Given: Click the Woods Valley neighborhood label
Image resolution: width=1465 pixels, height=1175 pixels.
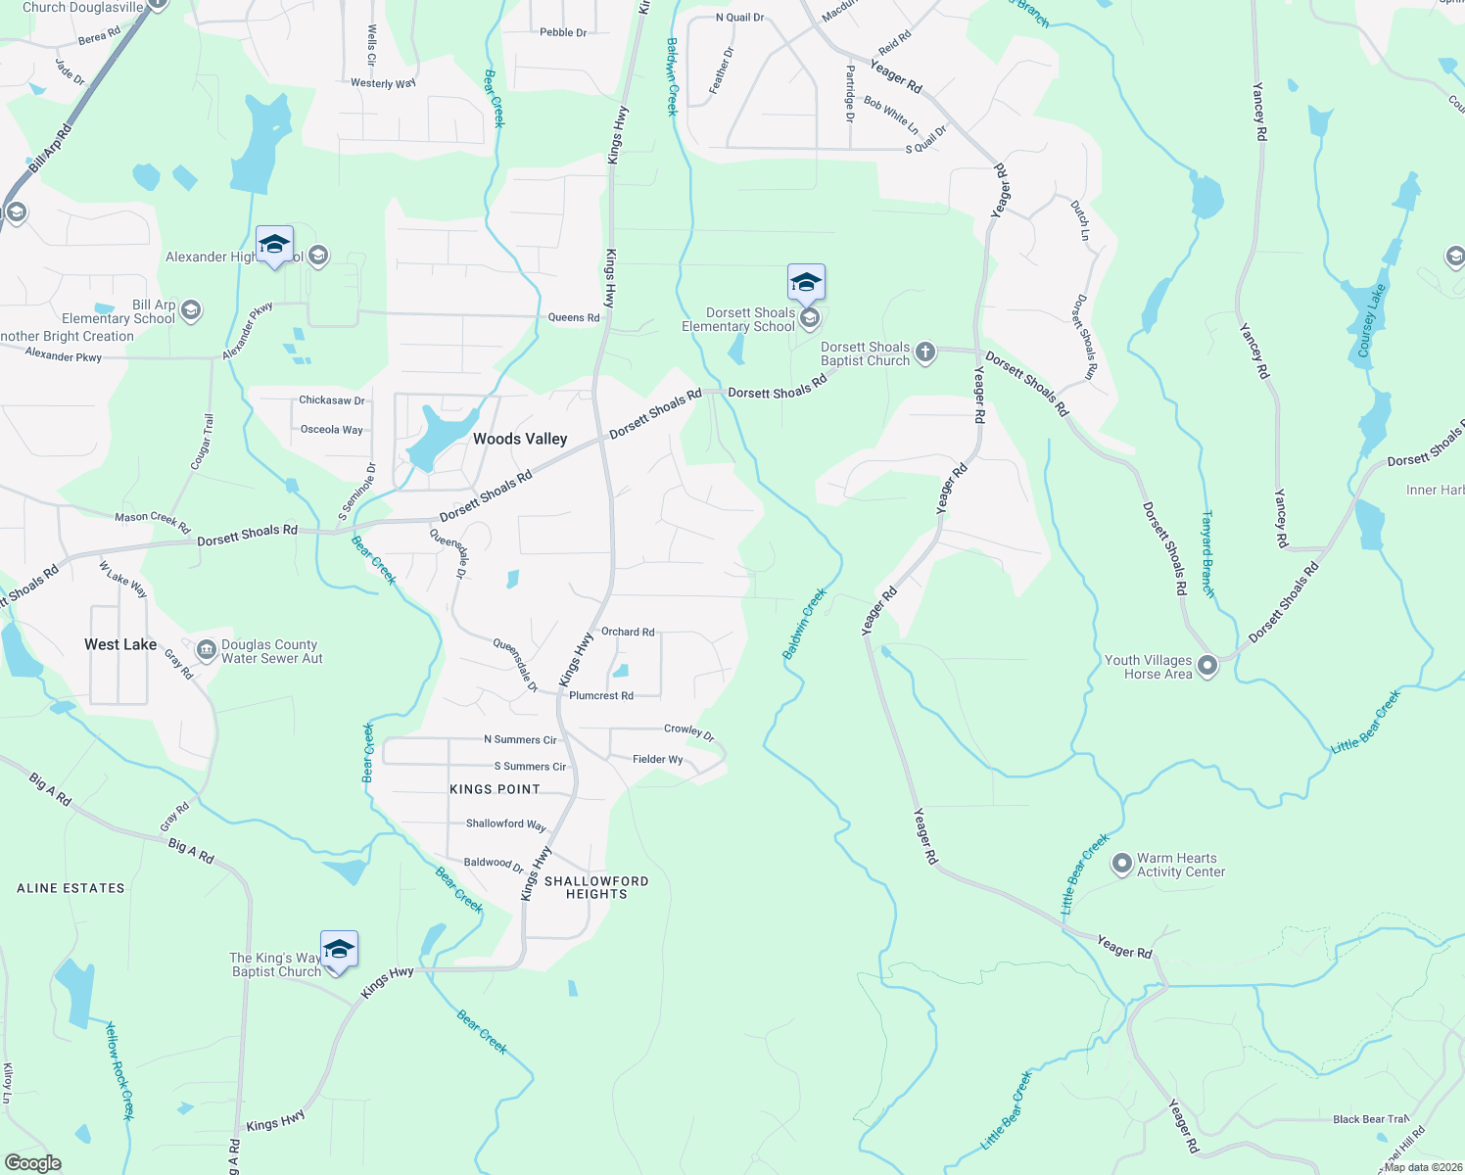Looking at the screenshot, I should pyautogui.click(x=520, y=439).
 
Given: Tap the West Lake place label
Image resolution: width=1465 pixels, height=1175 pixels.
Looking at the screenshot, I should pyautogui.click(x=120, y=644).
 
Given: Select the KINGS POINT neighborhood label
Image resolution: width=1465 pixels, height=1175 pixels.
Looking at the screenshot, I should pyautogui.click(x=495, y=789).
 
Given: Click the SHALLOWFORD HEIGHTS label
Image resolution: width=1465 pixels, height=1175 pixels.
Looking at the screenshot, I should pyautogui.click(x=596, y=887).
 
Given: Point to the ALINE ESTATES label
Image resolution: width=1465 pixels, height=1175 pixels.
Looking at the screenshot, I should pyautogui.click(x=71, y=888).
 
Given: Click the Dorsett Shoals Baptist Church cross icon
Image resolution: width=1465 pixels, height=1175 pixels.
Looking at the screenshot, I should pyautogui.click(x=925, y=352).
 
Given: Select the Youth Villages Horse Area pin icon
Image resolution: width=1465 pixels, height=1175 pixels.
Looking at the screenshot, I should pyautogui.click(x=1207, y=666).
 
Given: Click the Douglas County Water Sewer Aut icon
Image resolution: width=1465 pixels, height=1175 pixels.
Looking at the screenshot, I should pyautogui.click(x=206, y=650).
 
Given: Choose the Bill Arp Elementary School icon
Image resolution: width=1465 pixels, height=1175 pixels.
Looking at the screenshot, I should pyautogui.click(x=191, y=310).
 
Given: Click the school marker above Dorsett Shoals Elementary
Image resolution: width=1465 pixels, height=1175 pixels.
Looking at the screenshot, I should pyautogui.click(x=806, y=283).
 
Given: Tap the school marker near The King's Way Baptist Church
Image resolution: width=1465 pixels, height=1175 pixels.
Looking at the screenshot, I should pyautogui.click(x=339, y=950).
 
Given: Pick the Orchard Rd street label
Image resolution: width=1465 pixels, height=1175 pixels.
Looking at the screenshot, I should pyautogui.click(x=628, y=632).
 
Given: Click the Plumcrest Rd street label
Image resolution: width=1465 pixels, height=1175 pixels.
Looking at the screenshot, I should pyautogui.click(x=601, y=696).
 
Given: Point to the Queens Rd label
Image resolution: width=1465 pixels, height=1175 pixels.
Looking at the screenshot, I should pyautogui.click(x=574, y=317).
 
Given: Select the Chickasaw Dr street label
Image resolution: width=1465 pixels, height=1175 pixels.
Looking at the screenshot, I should pyautogui.click(x=332, y=400).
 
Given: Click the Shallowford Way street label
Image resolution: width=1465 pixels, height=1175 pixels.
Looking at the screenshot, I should pyautogui.click(x=505, y=823).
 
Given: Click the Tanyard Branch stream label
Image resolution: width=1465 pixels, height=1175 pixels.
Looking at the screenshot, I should pyautogui.click(x=1208, y=554).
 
